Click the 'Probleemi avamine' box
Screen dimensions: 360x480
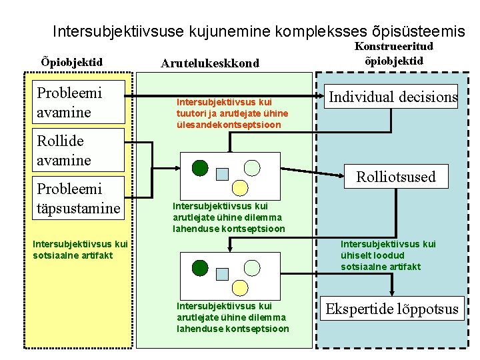pos(80,102)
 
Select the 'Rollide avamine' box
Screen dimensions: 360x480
pos(80,151)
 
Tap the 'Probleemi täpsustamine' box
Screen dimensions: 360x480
pos(80,199)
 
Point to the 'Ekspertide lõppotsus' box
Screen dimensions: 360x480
pos(391,309)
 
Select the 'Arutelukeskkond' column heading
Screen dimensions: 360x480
pos(210,63)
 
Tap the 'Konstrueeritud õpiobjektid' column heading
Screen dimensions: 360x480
pos(393,53)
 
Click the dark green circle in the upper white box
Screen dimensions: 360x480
pos(200,167)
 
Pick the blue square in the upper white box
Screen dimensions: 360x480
pos(223,174)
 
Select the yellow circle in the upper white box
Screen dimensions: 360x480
pos(239,188)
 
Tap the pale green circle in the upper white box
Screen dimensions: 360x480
pos(253,167)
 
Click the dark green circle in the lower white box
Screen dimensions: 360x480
pos(200,268)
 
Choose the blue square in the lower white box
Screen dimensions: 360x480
pos(223,274)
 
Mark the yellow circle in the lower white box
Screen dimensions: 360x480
pos(239,288)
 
